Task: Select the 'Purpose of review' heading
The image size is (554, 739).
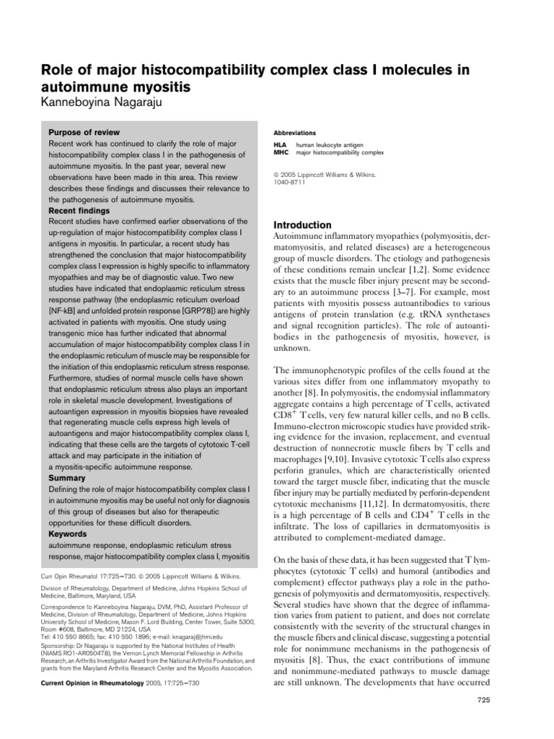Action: pyautogui.click(x=84, y=133)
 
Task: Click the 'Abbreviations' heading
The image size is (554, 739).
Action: pyautogui.click(x=294, y=134)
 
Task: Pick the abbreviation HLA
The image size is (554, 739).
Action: pyautogui.click(x=280, y=145)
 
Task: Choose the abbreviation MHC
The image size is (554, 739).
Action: pyautogui.click(x=281, y=153)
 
